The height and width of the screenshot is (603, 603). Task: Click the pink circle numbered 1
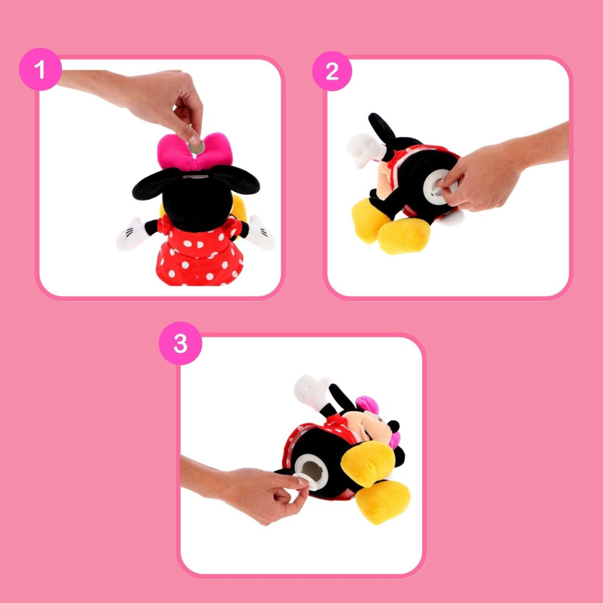click(x=41, y=69)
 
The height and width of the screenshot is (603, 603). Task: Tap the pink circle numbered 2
click(x=332, y=71)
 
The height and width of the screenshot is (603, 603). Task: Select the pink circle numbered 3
click(x=180, y=343)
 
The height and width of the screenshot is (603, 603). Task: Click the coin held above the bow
click(x=197, y=147)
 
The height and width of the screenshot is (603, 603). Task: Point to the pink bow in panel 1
click(x=195, y=151)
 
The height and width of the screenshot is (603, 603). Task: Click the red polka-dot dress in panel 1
click(x=200, y=254)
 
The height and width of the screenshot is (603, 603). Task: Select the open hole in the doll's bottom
click(x=313, y=471)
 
